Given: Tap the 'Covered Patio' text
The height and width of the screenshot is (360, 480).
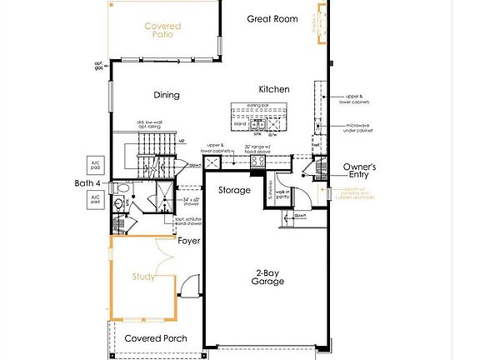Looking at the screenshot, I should [162, 31].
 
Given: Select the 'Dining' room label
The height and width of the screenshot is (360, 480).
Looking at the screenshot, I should [167, 95].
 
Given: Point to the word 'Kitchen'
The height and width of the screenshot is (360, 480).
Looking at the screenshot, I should [274, 89].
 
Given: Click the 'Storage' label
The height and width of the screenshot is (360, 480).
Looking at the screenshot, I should [234, 190].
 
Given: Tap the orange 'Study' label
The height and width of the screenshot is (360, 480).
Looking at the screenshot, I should [142, 277].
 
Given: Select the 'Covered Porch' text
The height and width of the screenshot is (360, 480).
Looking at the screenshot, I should [155, 338].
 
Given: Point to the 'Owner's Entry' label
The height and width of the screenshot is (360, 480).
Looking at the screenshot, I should [359, 172].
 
